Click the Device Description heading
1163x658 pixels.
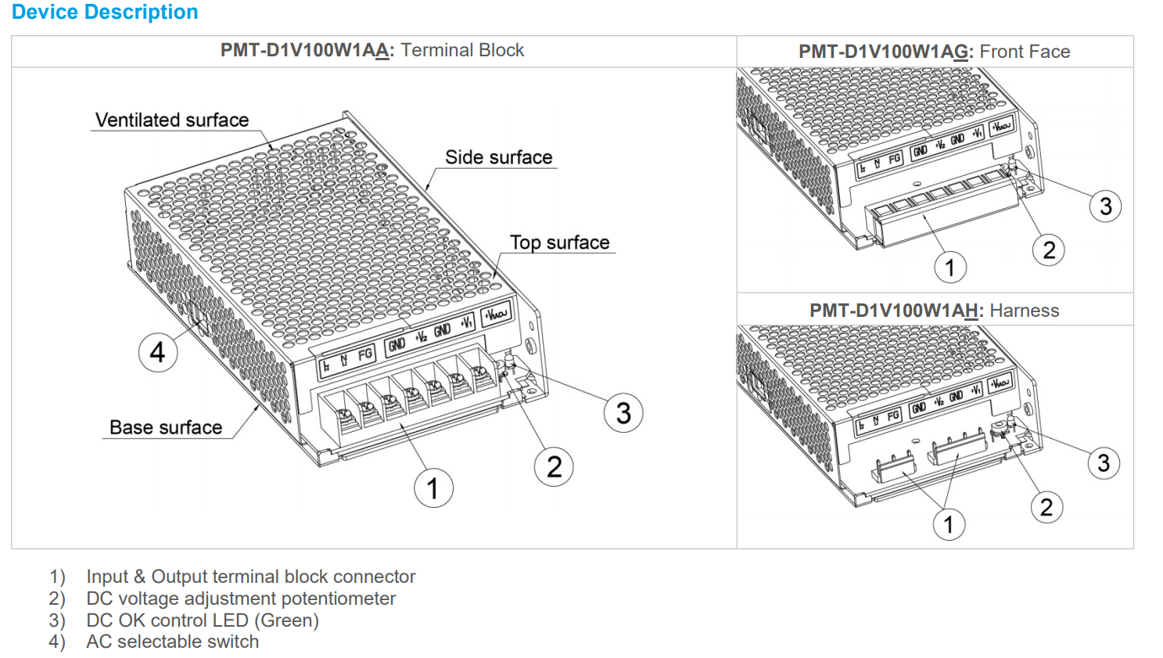[x=105, y=13]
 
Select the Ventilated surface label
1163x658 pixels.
[x=172, y=120]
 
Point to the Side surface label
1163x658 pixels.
[x=498, y=157]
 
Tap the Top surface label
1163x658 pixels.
[x=559, y=243]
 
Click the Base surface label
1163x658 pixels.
[x=166, y=427]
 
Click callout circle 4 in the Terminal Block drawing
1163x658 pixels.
[x=158, y=352]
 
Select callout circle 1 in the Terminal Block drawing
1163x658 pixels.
[x=433, y=488]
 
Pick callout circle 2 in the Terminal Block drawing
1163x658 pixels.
[x=554, y=467]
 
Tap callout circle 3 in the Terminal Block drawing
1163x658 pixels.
[x=623, y=413]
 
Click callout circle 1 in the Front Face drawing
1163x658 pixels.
[x=950, y=268]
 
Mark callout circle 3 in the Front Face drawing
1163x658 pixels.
[x=1105, y=207]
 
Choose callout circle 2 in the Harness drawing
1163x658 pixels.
[x=1046, y=507]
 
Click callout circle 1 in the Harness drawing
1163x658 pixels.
[x=949, y=524]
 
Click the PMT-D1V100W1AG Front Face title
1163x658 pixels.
[x=934, y=52]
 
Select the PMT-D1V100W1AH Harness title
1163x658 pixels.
[x=934, y=311]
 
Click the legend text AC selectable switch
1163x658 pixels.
[x=172, y=642]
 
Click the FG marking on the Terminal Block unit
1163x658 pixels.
[x=364, y=354]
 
